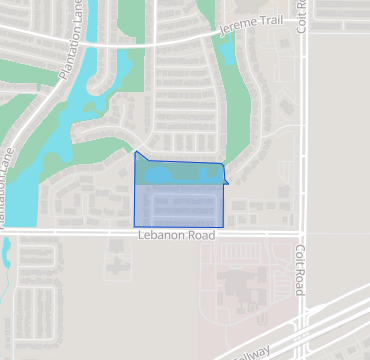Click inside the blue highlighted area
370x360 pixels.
(x=178, y=205)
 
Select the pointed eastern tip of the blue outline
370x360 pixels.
(x=228, y=182)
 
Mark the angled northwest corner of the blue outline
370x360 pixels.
(x=136, y=153)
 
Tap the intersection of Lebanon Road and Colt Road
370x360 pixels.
(x=302, y=233)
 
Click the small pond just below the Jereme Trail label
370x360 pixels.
(x=226, y=52)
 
